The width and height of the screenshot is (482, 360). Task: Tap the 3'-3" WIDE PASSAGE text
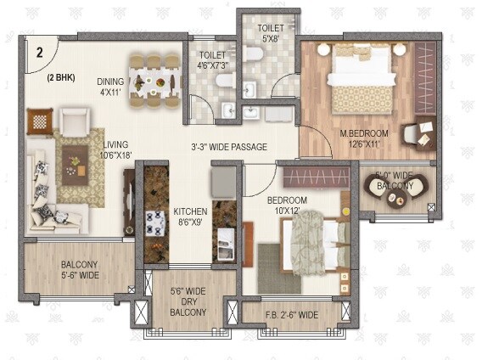(x=228, y=147)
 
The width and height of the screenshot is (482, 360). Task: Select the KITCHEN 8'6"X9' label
(x=190, y=217)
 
